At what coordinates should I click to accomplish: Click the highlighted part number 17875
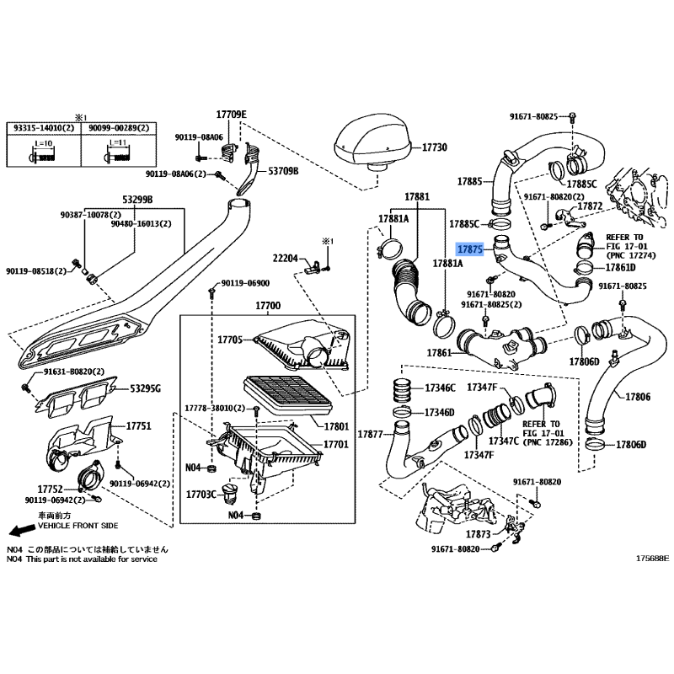468,249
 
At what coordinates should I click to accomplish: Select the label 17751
138,426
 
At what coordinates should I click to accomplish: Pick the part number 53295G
146,388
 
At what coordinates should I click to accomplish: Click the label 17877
371,434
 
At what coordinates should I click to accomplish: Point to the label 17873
477,534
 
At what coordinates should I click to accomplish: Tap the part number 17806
638,396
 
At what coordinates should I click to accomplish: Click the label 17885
469,181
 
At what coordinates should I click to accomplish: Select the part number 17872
591,206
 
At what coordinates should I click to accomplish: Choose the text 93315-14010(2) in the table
43,127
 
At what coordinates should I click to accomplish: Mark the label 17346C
440,388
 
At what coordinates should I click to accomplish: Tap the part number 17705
231,340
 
